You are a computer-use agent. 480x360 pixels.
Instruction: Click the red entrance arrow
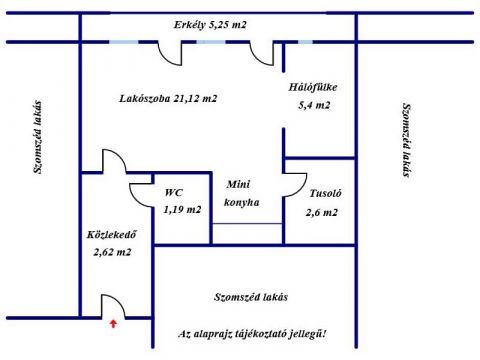[114, 324]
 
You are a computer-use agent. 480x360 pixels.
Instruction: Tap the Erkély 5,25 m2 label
[210, 25]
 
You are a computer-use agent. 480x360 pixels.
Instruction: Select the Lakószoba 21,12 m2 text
[168, 99]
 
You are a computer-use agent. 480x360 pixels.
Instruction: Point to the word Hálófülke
[313, 87]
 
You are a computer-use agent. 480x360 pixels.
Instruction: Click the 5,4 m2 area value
[314, 105]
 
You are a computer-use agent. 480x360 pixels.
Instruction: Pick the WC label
[174, 192]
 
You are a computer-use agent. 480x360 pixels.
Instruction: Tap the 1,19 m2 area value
[182, 210]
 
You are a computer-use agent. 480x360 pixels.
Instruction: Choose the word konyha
[242, 202]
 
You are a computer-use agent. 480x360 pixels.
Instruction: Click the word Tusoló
[326, 193]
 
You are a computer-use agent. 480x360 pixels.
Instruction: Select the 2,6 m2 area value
[322, 212]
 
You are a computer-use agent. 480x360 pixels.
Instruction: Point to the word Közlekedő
[112, 234]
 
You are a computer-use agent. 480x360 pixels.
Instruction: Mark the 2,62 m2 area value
[112, 252]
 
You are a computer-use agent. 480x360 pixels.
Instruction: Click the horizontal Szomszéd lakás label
[251, 297]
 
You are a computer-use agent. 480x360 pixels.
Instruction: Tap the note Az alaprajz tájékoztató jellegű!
[252, 334]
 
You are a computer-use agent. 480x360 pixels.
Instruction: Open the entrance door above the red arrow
[114, 306]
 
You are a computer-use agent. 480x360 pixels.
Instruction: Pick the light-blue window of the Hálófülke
[305, 42]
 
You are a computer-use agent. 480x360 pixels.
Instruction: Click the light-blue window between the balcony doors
[211, 42]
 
